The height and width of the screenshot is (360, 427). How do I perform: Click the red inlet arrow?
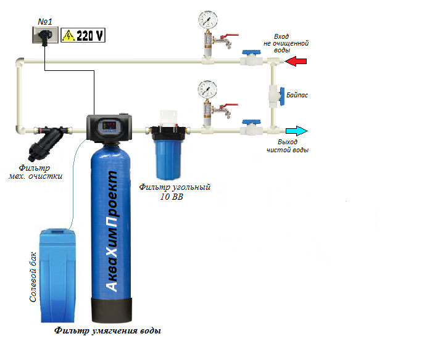pyautogui.click(x=296, y=61)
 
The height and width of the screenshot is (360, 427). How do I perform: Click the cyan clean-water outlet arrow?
pyautogui.click(x=297, y=131)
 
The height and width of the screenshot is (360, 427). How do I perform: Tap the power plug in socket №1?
pyautogui.click(x=45, y=36)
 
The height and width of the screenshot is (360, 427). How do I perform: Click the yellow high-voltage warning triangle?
pyautogui.click(x=68, y=35)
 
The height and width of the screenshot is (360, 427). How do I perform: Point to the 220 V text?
pyautogui.click(x=89, y=35)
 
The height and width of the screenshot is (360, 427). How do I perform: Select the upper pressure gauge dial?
pyautogui.click(x=208, y=19)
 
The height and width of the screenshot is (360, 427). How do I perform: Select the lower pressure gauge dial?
pyautogui.click(x=207, y=89)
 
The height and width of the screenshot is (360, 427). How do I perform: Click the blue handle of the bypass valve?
pyautogui.click(x=282, y=96)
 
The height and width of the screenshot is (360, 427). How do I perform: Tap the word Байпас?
pyautogui.click(x=297, y=95)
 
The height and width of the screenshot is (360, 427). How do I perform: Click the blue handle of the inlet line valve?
pyautogui.click(x=251, y=52)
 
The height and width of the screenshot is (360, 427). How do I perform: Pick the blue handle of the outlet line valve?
pyautogui.click(x=251, y=122)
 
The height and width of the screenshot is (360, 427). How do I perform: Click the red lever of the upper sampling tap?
pyautogui.click(x=230, y=36)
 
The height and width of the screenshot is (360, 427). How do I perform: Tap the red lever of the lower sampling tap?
pyautogui.click(x=230, y=105)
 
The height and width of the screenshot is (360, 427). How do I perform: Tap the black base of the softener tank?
pyautogui.click(x=112, y=310)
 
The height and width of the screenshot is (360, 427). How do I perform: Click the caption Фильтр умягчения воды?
pyautogui.click(x=107, y=330)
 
